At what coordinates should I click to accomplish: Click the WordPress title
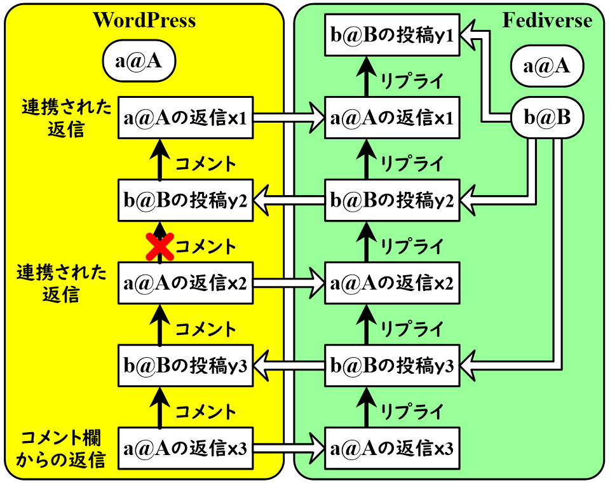[x=144, y=20]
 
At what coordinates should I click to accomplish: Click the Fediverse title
[x=547, y=20]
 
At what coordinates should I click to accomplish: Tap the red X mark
[x=159, y=247]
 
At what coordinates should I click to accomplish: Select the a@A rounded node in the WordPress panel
[x=139, y=62]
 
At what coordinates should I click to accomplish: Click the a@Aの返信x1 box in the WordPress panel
[x=186, y=118]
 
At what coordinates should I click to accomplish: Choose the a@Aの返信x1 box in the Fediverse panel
[x=391, y=118]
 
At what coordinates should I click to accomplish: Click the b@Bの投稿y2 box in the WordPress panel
[x=186, y=201]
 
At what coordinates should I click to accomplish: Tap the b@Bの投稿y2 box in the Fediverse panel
[x=391, y=201]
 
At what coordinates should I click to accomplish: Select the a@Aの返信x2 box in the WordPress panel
[x=186, y=283]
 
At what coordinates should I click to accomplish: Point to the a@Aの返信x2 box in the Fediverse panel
[x=391, y=283]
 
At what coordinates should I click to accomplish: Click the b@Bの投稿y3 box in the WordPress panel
[x=186, y=366]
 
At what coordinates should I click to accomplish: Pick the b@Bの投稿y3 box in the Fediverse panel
[x=391, y=366]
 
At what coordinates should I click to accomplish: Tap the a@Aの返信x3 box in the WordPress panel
[x=186, y=449]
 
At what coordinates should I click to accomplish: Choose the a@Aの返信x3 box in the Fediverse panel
[x=391, y=449]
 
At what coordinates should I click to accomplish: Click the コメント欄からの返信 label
[x=62, y=449]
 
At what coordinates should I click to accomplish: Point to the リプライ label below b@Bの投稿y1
[x=411, y=80]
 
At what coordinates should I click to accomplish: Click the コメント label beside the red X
[x=205, y=246]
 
